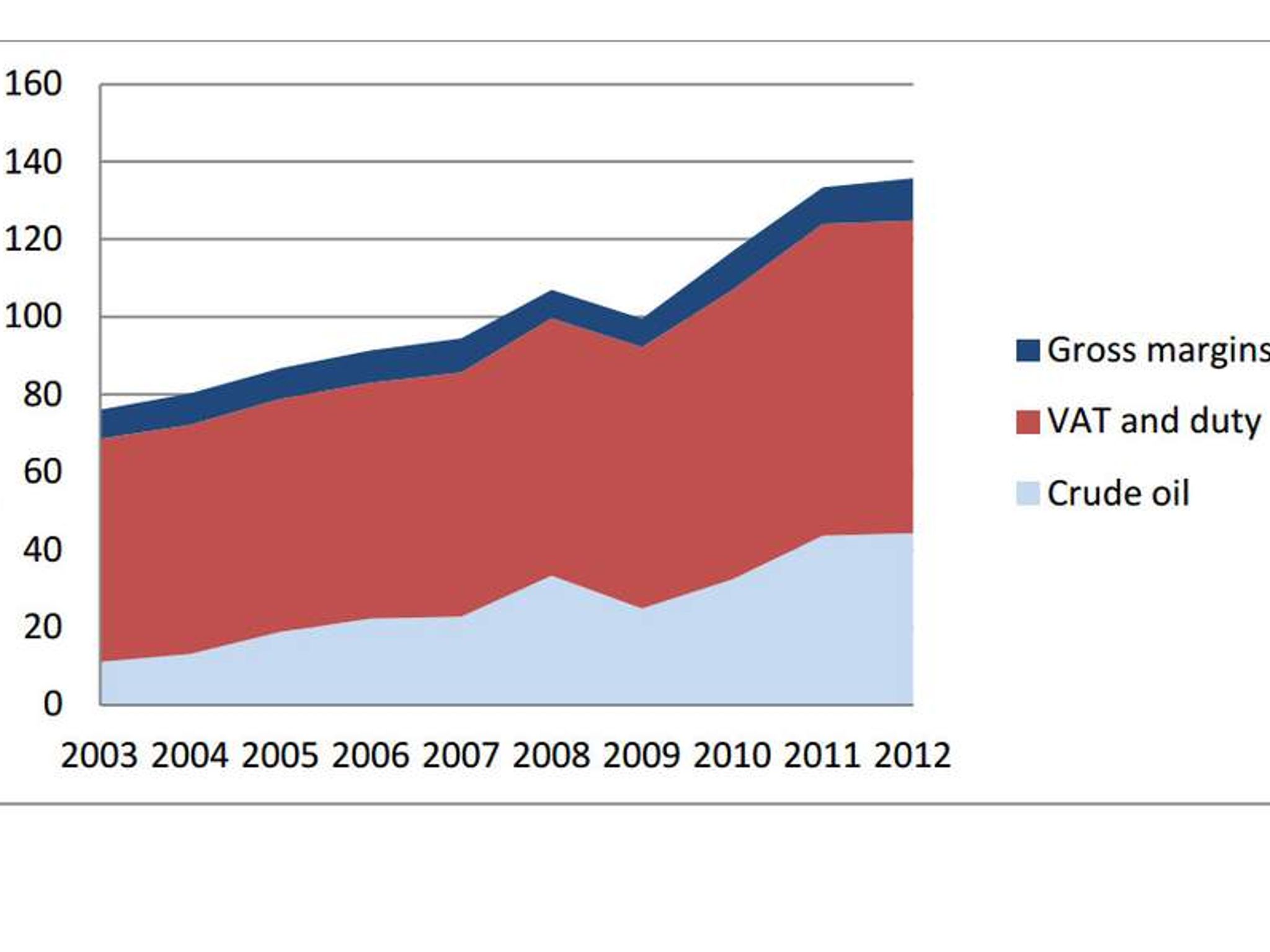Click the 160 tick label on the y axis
[x=33, y=84]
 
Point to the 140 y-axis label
[x=33, y=162]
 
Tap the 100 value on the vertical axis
[x=33, y=317]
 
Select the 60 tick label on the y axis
[x=42, y=472]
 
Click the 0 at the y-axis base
[x=53, y=704]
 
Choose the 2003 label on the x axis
[x=99, y=756]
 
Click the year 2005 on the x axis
[x=280, y=756]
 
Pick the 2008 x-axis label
[x=551, y=756]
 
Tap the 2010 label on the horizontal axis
[x=732, y=756]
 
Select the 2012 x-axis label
[x=912, y=756]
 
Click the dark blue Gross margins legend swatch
[x=1028, y=350]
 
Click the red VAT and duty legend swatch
[x=1028, y=422]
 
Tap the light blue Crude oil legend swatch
[x=1028, y=494]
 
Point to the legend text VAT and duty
[x=1153, y=421]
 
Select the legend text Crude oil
[x=1118, y=494]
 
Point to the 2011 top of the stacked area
[x=822, y=188]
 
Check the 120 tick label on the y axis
[x=33, y=239]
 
